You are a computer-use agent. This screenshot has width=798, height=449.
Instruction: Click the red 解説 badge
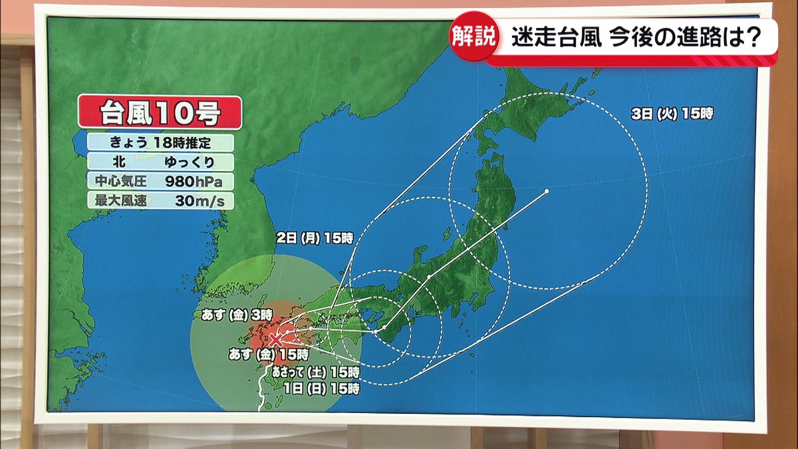point(473,38)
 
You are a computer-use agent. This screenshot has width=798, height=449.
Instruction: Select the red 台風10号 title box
point(160,112)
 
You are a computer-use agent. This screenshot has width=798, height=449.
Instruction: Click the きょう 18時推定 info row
point(160,142)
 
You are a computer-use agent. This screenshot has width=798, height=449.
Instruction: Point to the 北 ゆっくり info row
point(160,162)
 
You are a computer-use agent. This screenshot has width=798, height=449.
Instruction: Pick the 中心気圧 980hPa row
point(160,181)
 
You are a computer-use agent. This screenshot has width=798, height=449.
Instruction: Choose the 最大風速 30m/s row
point(160,200)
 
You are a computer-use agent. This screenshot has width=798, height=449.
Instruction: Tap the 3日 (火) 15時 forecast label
point(672,114)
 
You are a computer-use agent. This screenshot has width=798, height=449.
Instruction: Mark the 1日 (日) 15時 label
point(321,388)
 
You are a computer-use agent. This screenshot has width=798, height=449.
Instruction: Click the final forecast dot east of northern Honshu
point(547,192)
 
